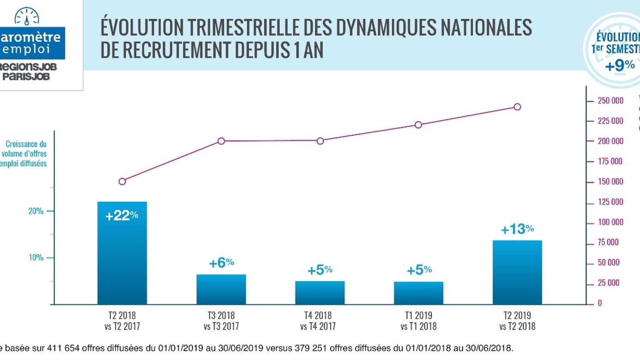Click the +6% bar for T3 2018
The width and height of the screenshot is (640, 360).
tap(221, 289)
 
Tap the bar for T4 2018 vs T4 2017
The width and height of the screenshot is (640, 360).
tap(320, 293)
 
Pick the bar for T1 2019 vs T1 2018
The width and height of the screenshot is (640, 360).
tap(419, 293)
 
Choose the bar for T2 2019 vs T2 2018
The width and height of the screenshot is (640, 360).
tap(517, 272)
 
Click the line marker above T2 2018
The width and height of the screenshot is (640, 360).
tap(122, 181)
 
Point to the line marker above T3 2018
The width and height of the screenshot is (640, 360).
tap(221, 141)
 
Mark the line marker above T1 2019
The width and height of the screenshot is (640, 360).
tap(418, 125)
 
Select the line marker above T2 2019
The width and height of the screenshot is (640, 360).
tap(517, 107)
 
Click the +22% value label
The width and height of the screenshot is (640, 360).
tap(122, 216)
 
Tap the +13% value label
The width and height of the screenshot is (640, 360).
tap(517, 229)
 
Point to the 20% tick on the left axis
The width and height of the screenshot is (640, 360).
tap(36, 211)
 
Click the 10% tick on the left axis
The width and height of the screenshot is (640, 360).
tap(36, 258)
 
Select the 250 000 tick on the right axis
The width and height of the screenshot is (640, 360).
tap(610, 101)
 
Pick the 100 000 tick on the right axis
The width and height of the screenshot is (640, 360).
tap(610, 222)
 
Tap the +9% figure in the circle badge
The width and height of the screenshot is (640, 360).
tap(620, 66)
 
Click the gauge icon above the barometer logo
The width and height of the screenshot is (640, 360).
tap(27, 17)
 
